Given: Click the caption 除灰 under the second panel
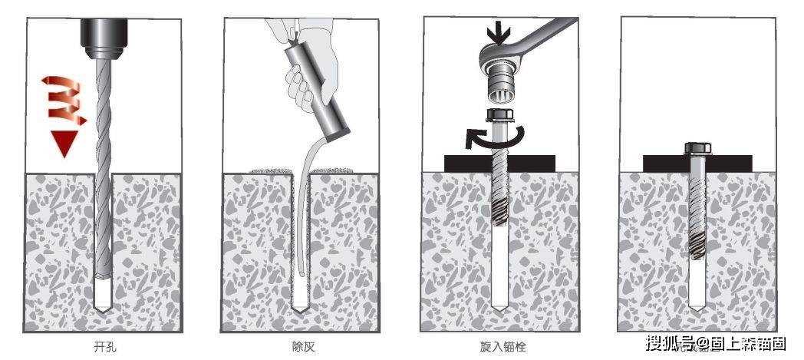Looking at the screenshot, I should click(301, 347).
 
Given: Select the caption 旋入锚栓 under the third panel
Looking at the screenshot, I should click(499, 347).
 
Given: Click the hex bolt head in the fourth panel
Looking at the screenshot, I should click(697, 148).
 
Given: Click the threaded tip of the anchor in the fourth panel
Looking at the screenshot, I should click(697, 244).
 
